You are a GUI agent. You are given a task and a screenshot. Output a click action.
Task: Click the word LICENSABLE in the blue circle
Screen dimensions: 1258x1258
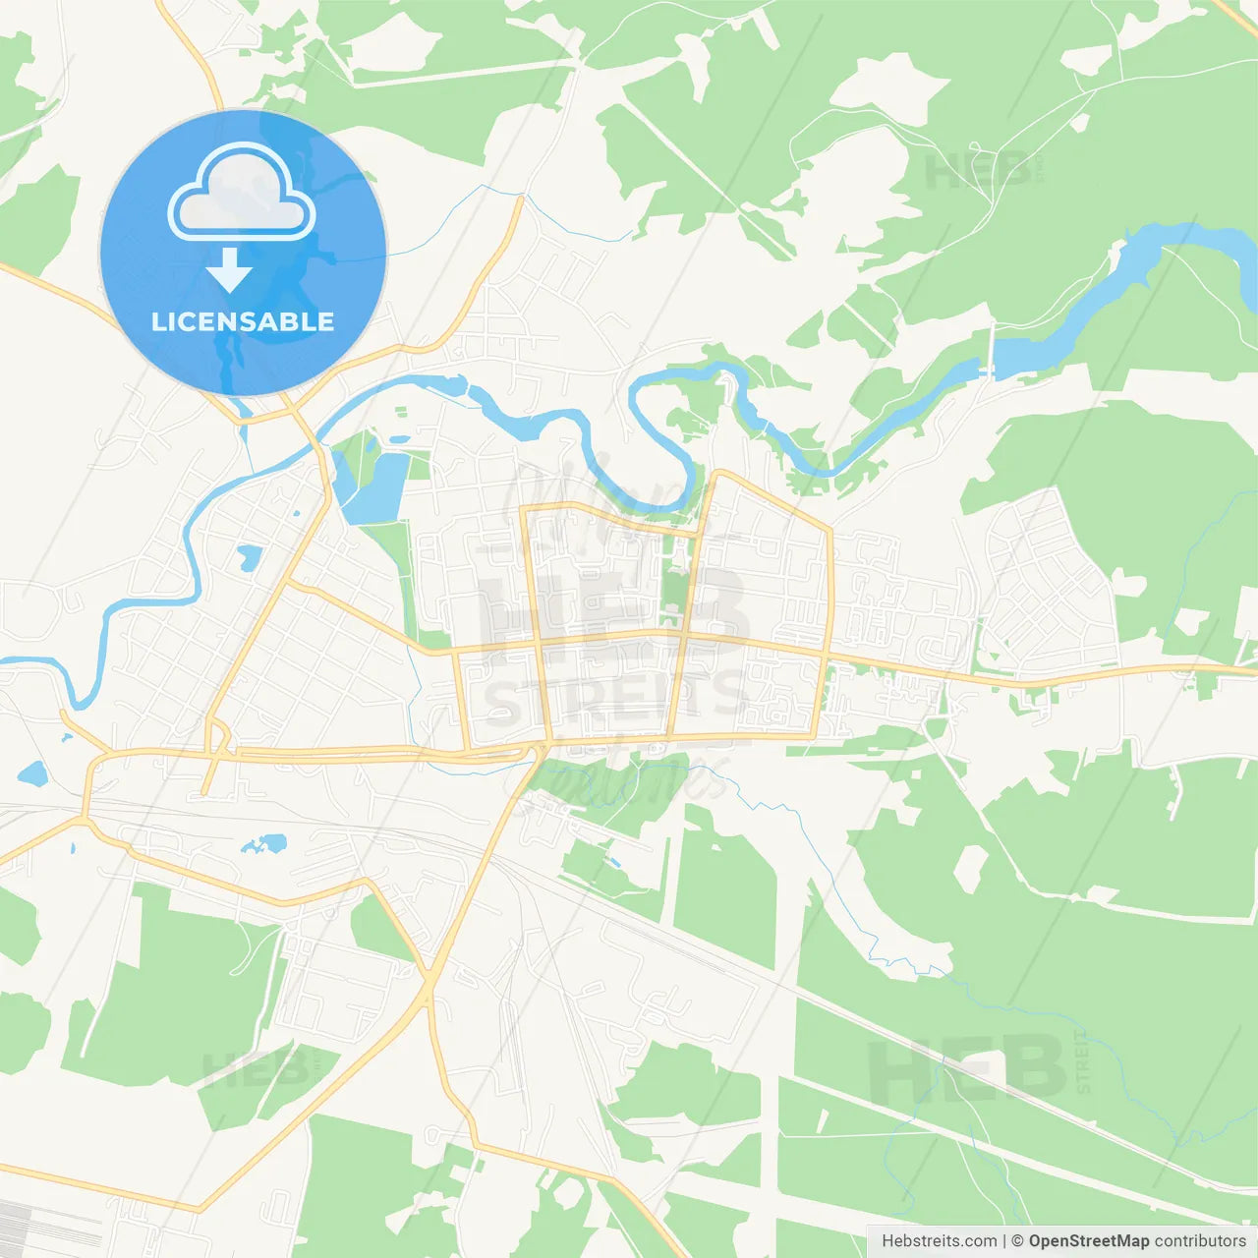243,321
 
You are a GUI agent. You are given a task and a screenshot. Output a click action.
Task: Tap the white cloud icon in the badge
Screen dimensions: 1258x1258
242,193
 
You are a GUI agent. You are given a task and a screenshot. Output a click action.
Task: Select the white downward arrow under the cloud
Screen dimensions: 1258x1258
229,270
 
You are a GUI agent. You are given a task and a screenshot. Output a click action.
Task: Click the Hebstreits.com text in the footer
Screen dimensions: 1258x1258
939,1241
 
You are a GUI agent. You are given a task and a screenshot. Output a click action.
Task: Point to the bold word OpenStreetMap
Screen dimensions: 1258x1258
1089,1241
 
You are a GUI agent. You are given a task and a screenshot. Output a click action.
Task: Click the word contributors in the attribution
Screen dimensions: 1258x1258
1200,1241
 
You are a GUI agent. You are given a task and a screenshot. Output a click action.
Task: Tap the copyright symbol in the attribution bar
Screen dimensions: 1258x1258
1018,1241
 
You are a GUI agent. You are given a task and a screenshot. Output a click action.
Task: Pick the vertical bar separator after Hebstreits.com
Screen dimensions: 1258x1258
1004,1241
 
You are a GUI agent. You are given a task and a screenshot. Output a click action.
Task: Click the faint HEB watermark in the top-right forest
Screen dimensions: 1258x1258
978,171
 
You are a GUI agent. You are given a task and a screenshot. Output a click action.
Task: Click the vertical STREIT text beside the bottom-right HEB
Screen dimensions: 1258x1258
1083,1062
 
